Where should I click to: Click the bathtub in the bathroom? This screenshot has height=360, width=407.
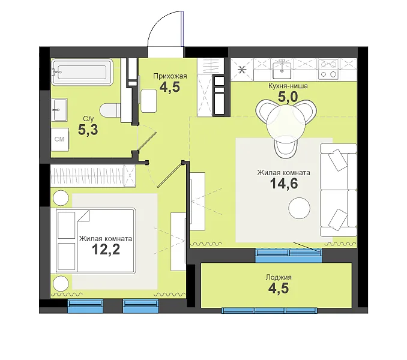[x=82, y=72]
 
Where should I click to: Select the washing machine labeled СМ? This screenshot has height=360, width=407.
[x=59, y=139]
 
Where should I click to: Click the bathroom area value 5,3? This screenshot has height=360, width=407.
[x=88, y=130]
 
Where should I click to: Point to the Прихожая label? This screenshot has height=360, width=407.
[x=170, y=76]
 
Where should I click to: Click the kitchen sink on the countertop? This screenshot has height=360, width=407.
[x=282, y=68]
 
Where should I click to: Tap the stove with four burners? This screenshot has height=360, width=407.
[x=328, y=69]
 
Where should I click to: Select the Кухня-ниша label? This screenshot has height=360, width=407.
[x=288, y=86]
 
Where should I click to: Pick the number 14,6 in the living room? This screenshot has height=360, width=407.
[x=284, y=184]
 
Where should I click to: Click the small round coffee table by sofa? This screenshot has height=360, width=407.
[x=300, y=208]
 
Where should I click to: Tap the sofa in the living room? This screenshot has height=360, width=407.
[x=339, y=190]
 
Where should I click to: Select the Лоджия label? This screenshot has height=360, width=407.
[x=279, y=277]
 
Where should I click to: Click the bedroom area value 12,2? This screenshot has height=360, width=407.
[x=106, y=250]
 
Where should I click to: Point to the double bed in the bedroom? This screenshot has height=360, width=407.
[x=93, y=240]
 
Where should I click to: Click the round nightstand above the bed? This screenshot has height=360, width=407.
[x=61, y=198]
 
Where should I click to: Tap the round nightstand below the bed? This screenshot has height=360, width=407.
[x=61, y=283]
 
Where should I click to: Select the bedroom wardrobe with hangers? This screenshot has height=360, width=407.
[x=93, y=176]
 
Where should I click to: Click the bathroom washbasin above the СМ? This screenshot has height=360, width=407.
[x=59, y=110]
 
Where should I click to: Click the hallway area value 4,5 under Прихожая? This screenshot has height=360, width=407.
[x=170, y=87]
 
